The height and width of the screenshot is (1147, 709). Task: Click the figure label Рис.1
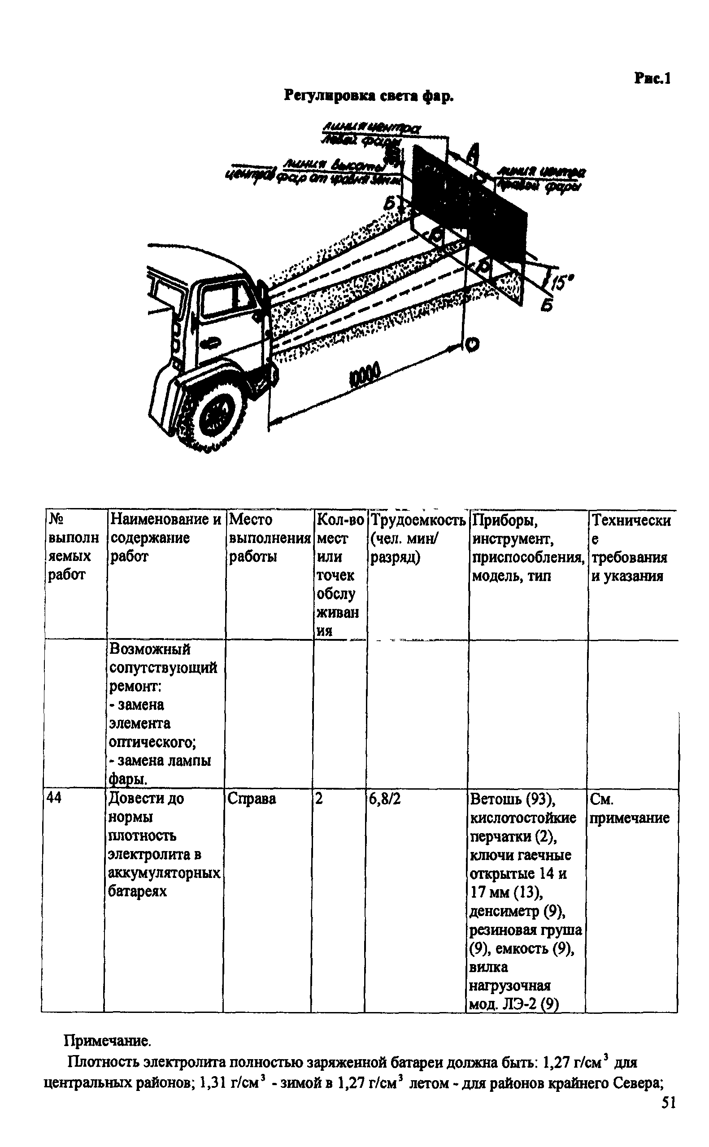tap(652, 78)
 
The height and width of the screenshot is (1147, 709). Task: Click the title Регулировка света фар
tap(370, 96)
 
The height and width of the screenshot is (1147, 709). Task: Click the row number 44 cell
tap(54, 798)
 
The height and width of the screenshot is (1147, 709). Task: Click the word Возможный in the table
tap(150, 650)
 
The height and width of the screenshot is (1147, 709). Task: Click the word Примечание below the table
tap(107, 1041)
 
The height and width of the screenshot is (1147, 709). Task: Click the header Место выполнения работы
tap(270, 538)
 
